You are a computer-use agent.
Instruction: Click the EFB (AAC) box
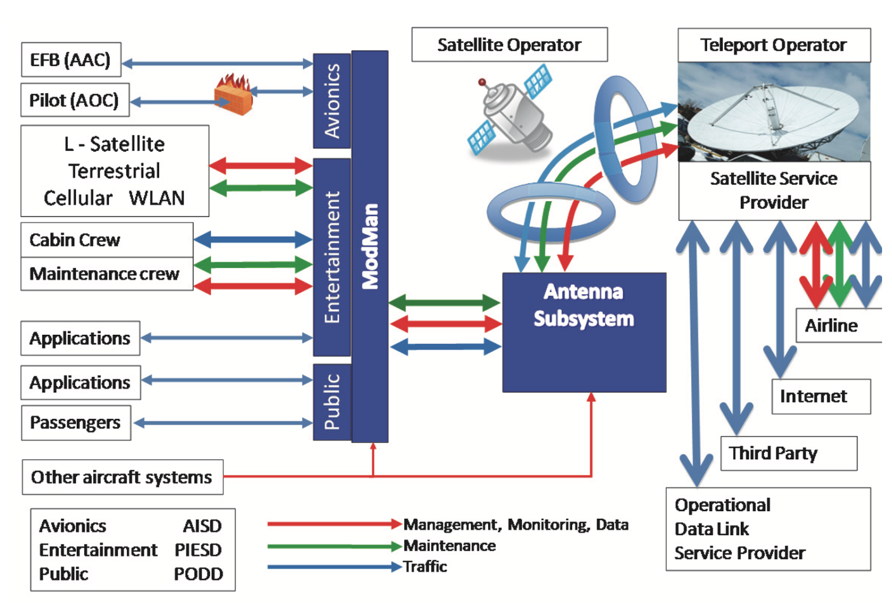tap(71, 60)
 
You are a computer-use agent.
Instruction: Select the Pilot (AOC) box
tap(75, 100)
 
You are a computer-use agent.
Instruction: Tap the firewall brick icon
tap(234, 95)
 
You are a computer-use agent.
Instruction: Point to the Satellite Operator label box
tap(509, 45)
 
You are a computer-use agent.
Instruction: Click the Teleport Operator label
tap(773, 45)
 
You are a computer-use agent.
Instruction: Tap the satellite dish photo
tap(773, 112)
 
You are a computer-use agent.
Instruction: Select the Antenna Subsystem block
tap(584, 332)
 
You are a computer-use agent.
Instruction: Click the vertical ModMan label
tap(370, 246)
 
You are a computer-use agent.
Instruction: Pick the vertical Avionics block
tap(332, 101)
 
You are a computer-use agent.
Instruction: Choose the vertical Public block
tap(332, 402)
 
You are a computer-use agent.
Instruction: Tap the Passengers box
tap(76, 423)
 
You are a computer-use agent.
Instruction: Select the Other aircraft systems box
tap(122, 477)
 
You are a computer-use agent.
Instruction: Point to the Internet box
tap(820, 396)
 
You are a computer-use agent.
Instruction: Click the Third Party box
tap(788, 453)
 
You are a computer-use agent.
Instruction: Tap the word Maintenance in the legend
tap(449, 546)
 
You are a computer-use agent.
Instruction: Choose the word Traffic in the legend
tap(425, 567)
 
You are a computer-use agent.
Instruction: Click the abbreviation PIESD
tap(198, 550)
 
